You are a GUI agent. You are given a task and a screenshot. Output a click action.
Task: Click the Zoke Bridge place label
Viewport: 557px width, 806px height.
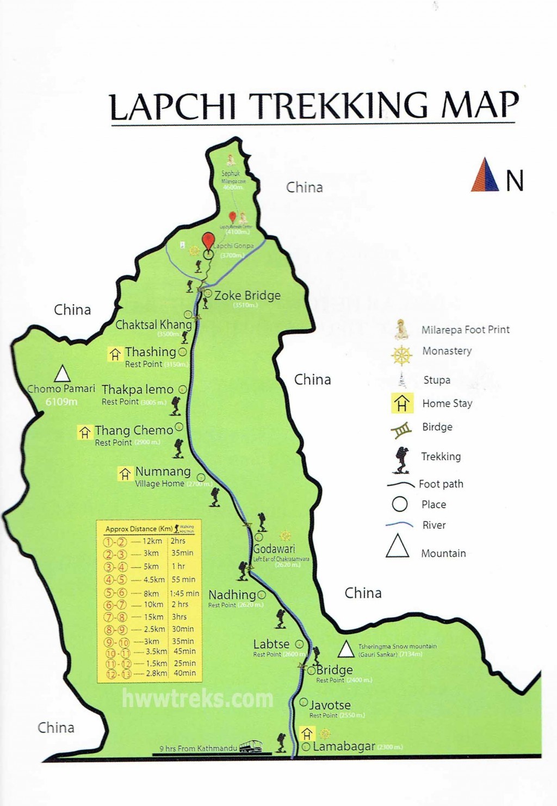click(247, 296)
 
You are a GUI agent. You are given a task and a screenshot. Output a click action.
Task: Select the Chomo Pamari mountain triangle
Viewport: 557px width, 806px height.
click(62, 373)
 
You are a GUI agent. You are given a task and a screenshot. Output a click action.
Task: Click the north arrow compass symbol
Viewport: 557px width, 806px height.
click(485, 175)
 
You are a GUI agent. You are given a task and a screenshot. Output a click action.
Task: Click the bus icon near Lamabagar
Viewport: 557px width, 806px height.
click(250, 746)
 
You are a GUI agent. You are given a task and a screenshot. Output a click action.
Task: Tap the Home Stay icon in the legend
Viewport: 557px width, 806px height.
click(401, 403)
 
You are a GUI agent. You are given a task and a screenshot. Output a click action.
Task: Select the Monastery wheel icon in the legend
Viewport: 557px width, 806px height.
click(401, 355)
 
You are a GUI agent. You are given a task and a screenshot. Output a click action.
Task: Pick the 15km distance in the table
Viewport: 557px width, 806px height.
click(153, 617)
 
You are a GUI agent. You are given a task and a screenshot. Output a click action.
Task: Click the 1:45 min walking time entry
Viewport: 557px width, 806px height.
click(184, 593)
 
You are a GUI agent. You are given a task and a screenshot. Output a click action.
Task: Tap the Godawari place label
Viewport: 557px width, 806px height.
click(274, 549)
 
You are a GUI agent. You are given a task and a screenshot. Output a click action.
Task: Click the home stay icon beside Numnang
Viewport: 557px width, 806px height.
click(125, 474)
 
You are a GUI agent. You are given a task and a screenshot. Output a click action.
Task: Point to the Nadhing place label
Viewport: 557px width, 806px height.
click(232, 595)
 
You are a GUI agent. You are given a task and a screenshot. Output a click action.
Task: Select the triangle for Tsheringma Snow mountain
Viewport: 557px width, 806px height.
click(346, 649)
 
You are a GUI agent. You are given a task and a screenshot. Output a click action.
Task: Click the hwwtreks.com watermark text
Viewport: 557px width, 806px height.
click(197, 698)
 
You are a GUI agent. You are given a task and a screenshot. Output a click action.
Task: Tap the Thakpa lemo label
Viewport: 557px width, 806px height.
click(137, 390)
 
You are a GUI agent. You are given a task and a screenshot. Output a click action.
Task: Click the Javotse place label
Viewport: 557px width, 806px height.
click(330, 705)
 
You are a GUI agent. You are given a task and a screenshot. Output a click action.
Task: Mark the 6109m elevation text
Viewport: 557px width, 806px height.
click(61, 402)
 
